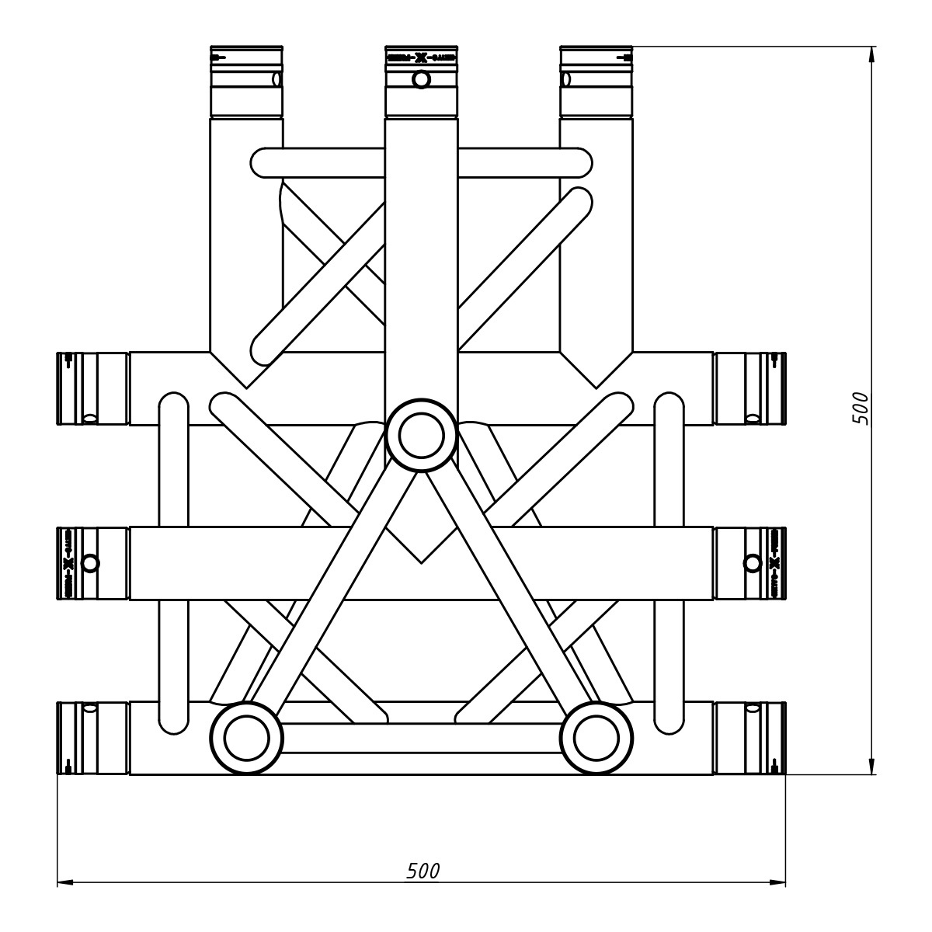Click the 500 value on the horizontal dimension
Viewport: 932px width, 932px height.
423,871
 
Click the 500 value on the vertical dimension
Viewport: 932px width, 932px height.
860,408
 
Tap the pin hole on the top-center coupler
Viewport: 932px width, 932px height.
421,79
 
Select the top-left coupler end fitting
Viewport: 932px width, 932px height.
246,81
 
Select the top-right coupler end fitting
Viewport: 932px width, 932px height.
596,81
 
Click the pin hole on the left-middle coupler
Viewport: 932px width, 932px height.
90,563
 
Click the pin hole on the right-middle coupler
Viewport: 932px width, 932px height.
752,563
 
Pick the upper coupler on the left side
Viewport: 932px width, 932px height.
92,388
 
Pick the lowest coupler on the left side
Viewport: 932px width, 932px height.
92,738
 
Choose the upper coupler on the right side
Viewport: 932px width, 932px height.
749,388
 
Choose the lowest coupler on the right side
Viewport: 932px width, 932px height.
749,738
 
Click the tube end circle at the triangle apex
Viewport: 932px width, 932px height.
421,436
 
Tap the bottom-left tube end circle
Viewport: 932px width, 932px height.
246,738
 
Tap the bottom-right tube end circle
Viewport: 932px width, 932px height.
596,738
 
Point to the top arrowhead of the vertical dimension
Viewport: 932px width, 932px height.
872,54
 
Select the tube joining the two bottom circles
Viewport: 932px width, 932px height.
421,738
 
